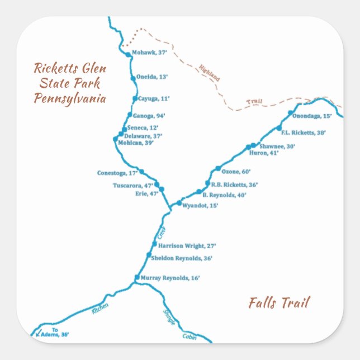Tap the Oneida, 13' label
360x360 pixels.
(151, 77)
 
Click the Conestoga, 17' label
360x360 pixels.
(117, 173)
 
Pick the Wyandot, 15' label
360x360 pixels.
(200, 206)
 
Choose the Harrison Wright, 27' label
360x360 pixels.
(187, 245)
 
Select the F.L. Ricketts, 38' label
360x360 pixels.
(304, 133)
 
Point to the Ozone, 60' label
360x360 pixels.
(236, 172)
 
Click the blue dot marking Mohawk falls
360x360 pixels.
(129, 54)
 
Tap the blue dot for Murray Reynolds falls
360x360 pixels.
(137, 277)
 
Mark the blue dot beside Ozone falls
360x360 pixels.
(218, 169)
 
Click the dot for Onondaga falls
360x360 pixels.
(290, 113)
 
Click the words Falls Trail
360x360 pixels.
(279, 303)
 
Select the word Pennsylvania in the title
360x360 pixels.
(70, 99)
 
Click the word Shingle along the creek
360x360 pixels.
(169, 318)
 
